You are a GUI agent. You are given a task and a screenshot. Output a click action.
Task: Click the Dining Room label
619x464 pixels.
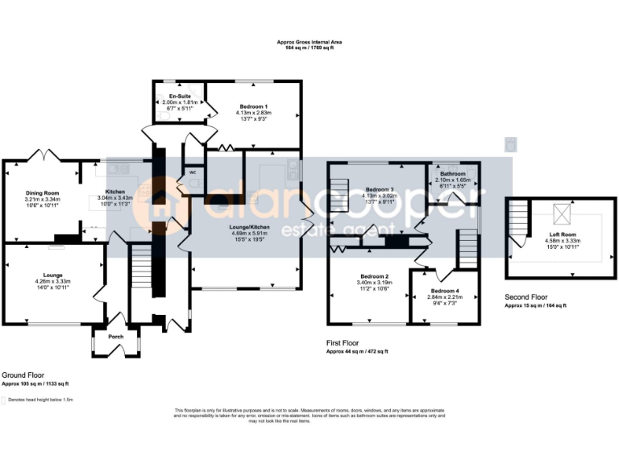(41, 193)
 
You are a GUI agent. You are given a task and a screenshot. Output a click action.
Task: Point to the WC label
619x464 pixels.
(192, 172)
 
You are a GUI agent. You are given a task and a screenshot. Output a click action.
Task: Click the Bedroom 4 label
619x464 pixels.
(445, 290)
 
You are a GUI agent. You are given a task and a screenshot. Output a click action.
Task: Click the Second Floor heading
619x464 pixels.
(527, 297)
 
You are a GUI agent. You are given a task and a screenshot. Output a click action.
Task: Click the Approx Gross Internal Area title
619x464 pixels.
(309, 42)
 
